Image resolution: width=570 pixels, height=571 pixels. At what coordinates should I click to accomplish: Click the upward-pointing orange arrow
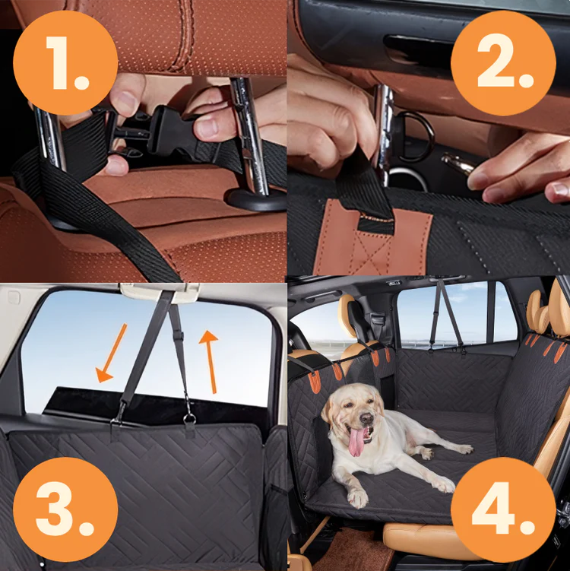point(210,361)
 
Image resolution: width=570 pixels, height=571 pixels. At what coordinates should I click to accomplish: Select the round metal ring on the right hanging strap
point(189,418)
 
